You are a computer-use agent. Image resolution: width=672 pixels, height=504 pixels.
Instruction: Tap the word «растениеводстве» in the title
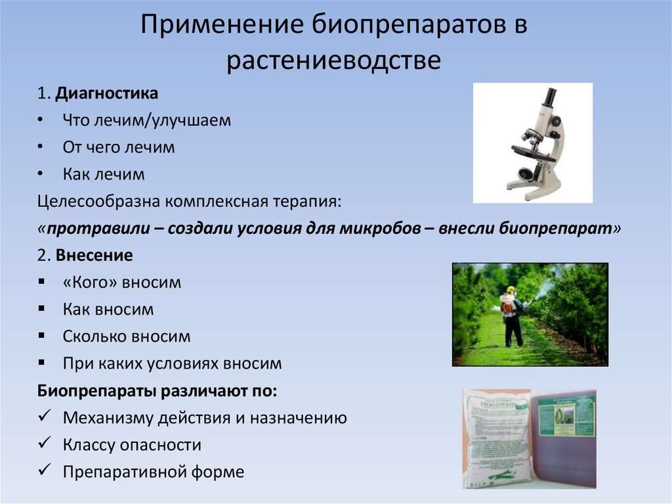333,60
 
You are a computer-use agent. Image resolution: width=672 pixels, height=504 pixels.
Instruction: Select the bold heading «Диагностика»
106,93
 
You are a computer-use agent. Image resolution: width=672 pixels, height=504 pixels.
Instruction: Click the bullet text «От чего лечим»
119,147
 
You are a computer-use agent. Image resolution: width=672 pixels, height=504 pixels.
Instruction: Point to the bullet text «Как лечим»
104,174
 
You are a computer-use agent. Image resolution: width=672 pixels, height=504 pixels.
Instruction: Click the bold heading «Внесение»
94,256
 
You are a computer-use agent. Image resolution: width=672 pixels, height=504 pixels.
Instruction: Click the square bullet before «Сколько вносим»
41,335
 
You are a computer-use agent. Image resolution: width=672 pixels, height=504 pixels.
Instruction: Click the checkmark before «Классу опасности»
45,443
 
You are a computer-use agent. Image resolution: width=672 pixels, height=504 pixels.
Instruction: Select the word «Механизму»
108,418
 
